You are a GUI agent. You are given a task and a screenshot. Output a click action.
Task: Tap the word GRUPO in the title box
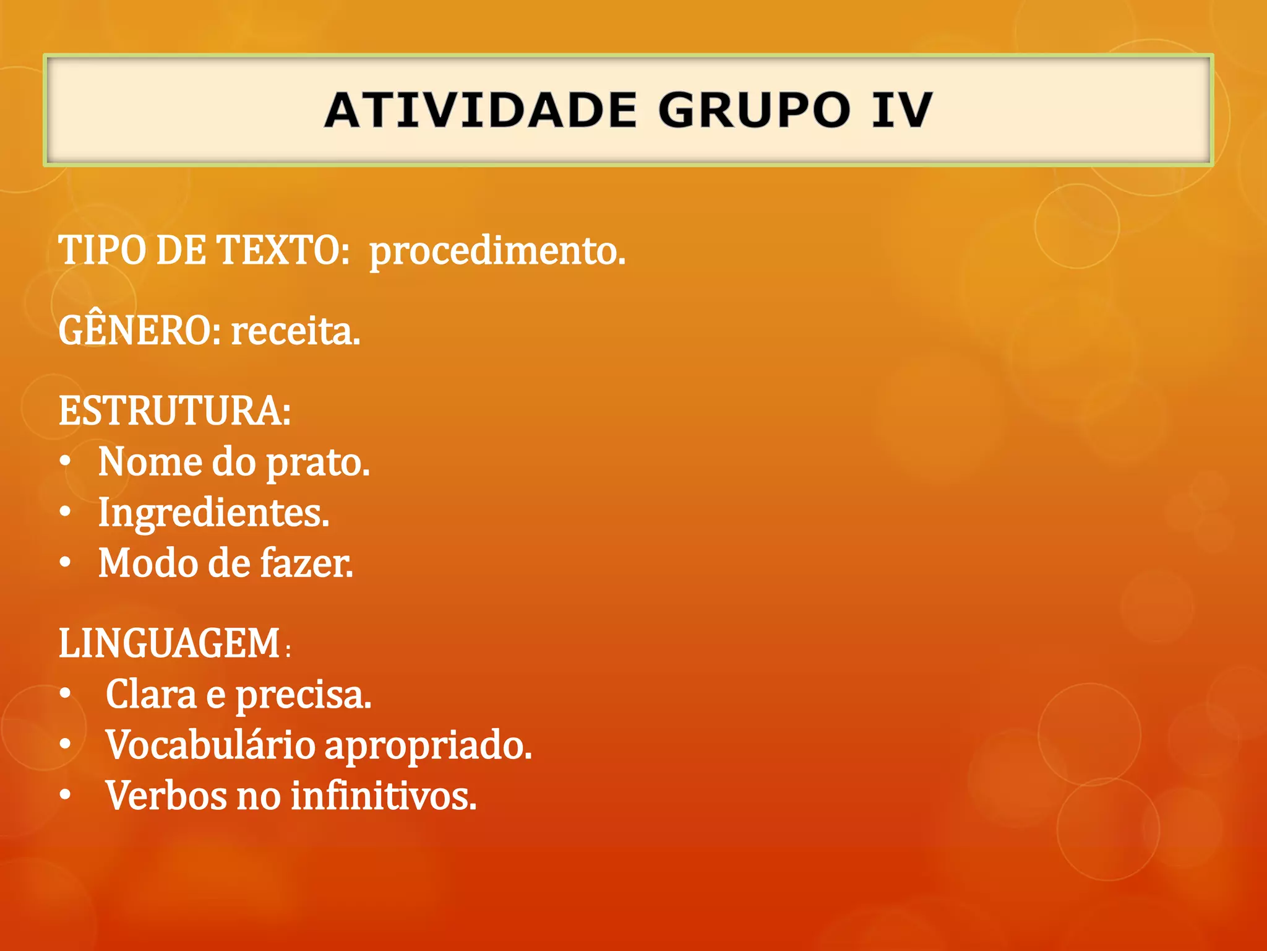pyautogui.click(x=754, y=110)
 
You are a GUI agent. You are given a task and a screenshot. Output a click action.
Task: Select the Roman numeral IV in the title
pyautogui.click(x=901, y=110)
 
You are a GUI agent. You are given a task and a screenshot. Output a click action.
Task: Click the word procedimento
pyautogui.click(x=497, y=251)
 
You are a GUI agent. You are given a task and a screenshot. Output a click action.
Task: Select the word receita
pyautogui.click(x=295, y=331)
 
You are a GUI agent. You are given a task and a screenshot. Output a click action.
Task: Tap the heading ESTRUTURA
pyautogui.click(x=174, y=410)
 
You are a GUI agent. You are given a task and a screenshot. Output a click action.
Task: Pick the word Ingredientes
pyautogui.click(x=214, y=513)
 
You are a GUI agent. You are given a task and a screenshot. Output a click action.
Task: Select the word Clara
pyautogui.click(x=151, y=694)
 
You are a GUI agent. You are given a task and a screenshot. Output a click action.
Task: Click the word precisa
pyautogui.click(x=303, y=695)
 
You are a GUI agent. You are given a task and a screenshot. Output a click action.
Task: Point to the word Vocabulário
pyautogui.click(x=210, y=745)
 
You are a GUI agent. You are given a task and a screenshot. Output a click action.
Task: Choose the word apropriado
pyautogui.click(x=428, y=746)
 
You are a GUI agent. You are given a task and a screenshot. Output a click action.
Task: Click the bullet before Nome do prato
pyautogui.click(x=66, y=462)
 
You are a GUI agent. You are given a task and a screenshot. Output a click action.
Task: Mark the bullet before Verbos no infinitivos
pyautogui.click(x=66, y=795)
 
